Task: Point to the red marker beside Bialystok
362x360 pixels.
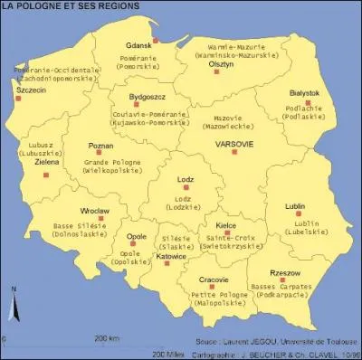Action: coord(308,103)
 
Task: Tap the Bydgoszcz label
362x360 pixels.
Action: coord(147,95)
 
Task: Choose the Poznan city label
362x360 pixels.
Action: coord(100,146)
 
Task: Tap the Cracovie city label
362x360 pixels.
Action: coord(214,280)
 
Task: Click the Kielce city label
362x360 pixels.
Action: coord(225,223)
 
